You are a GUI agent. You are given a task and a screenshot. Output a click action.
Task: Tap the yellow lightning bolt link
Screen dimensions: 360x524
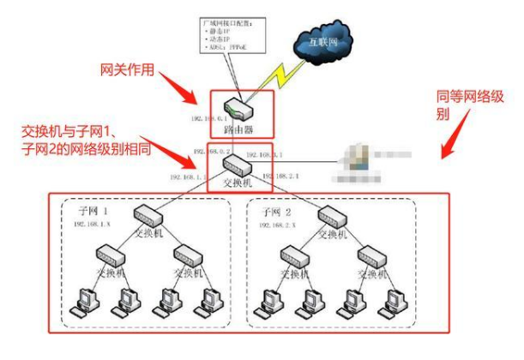tap(277, 75)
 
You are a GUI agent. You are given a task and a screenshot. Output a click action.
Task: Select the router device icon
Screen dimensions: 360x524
tap(237, 107)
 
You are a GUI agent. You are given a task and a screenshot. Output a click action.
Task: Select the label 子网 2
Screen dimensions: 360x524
tap(272, 211)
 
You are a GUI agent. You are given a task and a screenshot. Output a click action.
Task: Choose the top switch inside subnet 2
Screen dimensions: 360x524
tap(330, 216)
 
